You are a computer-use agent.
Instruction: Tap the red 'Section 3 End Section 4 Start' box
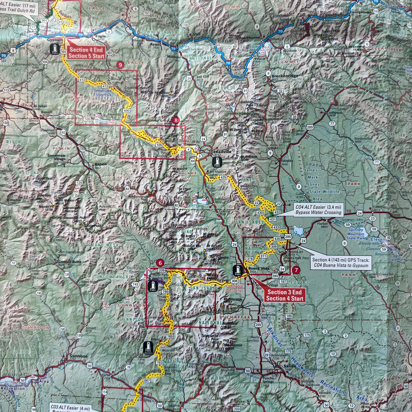pyautogui.click(x=285, y=295)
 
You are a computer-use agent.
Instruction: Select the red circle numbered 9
pyautogui.click(x=120, y=65)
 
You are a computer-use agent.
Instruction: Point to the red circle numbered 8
pyautogui.click(x=176, y=120)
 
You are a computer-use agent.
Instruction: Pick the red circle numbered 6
pyautogui.click(x=159, y=263)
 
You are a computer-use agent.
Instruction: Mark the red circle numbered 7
pyautogui.click(x=296, y=270)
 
